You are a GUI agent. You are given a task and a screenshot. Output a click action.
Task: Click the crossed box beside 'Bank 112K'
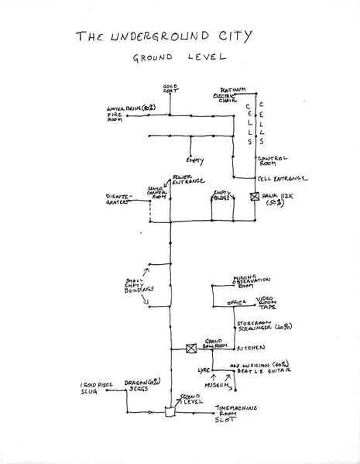[255, 197]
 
